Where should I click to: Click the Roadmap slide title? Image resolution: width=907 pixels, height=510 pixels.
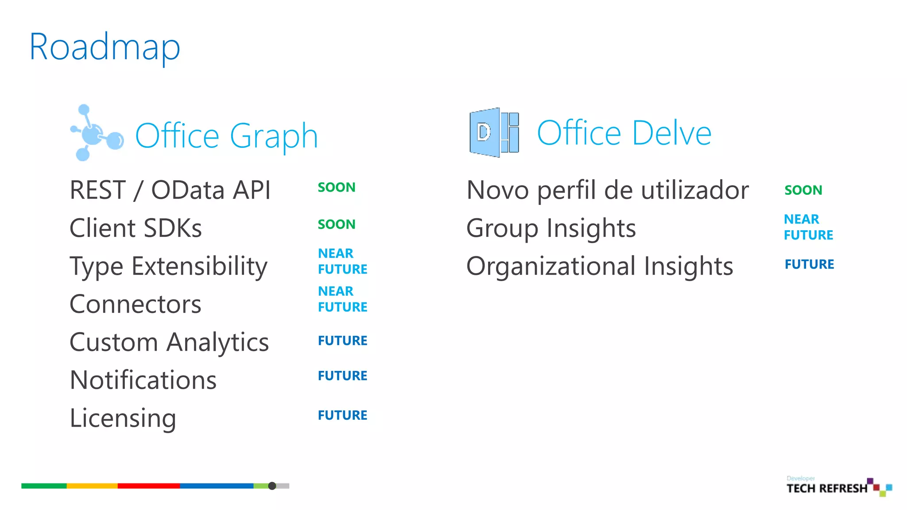coord(105,47)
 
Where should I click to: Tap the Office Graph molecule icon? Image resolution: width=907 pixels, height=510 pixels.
coord(96,133)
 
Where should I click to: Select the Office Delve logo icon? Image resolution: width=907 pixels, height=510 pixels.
coord(494,132)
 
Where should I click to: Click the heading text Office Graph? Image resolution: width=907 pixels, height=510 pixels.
coord(226,135)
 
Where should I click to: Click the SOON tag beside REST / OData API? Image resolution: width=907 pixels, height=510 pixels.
coord(337,187)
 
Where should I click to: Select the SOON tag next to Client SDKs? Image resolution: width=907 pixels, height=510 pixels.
coord(337,224)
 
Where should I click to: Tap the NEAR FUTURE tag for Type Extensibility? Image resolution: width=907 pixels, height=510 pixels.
coord(342,261)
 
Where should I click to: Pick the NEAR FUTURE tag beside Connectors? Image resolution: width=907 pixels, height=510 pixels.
coord(342,299)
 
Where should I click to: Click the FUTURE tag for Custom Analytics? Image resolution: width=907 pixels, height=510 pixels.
coord(342,340)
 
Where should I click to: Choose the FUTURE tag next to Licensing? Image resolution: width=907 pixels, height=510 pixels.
coord(342,415)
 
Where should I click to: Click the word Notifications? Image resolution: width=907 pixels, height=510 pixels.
coord(143,380)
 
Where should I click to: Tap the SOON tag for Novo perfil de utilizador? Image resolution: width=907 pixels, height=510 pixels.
coord(803,190)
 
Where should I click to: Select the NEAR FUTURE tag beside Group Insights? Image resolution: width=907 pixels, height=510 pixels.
coord(808,227)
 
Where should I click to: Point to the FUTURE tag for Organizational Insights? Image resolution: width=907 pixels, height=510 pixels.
coord(809,264)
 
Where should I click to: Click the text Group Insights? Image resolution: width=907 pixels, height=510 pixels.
coord(551,228)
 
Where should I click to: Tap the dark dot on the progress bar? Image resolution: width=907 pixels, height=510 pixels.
coord(272,486)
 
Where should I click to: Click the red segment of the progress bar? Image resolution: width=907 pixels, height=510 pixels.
coord(148,486)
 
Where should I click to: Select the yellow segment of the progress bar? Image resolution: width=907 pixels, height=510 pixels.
coord(92,486)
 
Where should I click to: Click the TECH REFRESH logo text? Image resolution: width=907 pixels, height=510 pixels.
coord(827,488)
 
